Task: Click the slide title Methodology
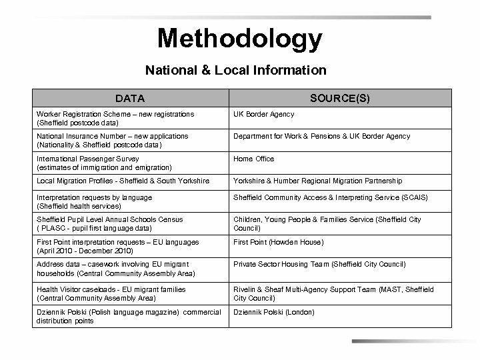tap(239, 39)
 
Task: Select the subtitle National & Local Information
tap(236, 69)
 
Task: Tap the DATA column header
tap(129, 99)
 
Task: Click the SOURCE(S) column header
tap(340, 98)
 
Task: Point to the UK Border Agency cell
tap(263, 115)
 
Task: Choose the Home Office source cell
tap(253, 159)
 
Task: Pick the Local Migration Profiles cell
tap(123, 181)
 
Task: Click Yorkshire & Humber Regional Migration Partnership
tap(317, 181)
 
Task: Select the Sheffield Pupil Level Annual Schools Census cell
tap(110, 223)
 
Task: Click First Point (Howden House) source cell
tap(277, 242)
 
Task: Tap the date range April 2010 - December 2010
tap(85, 251)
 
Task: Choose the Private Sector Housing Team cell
tap(319, 264)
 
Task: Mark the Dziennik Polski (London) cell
tap(273, 312)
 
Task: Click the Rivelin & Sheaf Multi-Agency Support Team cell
tap(333, 294)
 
